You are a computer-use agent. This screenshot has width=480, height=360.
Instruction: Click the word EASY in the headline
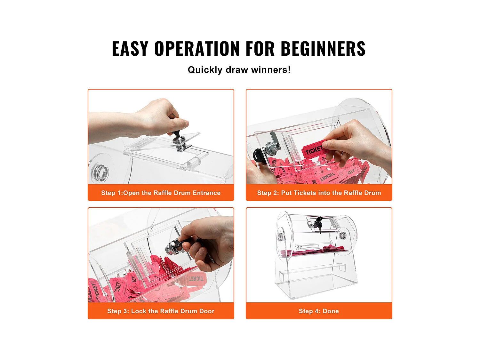pyautogui.click(x=130, y=49)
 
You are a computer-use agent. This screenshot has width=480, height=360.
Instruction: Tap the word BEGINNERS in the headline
pyautogui.click(x=323, y=49)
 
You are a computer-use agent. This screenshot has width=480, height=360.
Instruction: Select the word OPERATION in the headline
pyautogui.click(x=197, y=49)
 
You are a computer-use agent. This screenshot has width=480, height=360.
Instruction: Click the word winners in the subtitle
pyautogui.click(x=271, y=70)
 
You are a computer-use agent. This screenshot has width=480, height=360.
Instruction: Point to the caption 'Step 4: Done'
pyautogui.click(x=319, y=311)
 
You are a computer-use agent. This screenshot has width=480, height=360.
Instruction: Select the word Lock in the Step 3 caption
pyautogui.click(x=139, y=311)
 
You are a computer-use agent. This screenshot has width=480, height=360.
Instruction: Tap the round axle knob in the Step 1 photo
pyautogui.click(x=100, y=172)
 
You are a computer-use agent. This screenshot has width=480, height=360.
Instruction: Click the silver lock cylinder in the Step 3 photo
pyautogui.click(x=173, y=247)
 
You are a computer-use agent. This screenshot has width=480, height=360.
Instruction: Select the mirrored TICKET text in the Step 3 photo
pyautogui.click(x=196, y=279)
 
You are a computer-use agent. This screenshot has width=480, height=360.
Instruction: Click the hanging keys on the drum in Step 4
pyautogui.click(x=318, y=224)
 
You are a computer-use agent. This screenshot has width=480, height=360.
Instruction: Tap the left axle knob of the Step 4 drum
pyautogui.click(x=280, y=236)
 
